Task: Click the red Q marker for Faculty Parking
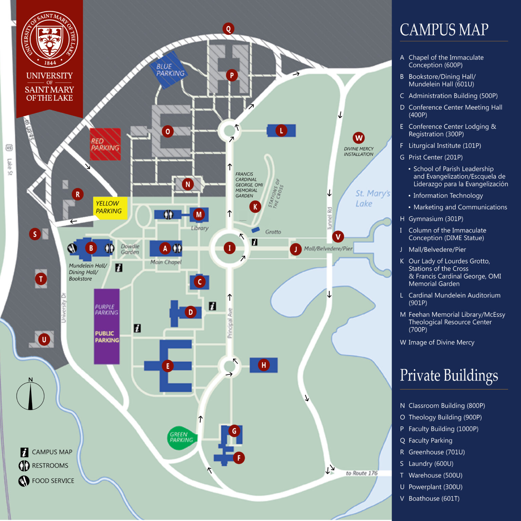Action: click(228, 29)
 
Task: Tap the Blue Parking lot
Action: click(169, 70)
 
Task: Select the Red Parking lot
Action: click(105, 144)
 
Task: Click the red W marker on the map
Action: click(359, 138)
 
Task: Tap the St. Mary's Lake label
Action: click(372, 198)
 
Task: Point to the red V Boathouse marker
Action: click(338, 236)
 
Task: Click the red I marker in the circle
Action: click(230, 248)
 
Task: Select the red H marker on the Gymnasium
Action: click(264, 365)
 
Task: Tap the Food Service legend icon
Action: click(24, 481)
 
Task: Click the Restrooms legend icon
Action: click(24, 466)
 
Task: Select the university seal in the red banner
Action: click(50, 40)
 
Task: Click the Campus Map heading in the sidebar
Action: click(444, 30)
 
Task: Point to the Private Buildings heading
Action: click(449, 376)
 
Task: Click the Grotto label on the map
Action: click(273, 232)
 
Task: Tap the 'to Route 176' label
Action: click(362, 473)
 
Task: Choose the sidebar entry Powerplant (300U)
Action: click(435, 487)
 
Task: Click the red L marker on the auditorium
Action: click(281, 131)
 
